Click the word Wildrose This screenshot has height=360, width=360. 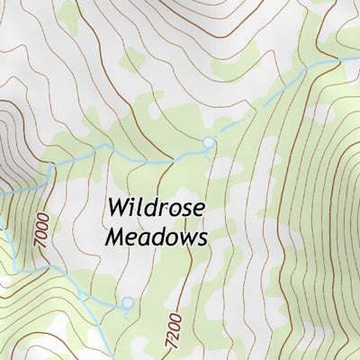156,209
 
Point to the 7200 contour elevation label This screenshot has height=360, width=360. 173,330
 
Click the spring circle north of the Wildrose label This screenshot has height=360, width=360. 209,142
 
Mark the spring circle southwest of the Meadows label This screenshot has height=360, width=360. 128,303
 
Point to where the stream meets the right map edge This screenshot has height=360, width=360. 357,59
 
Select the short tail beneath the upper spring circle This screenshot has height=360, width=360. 210,154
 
